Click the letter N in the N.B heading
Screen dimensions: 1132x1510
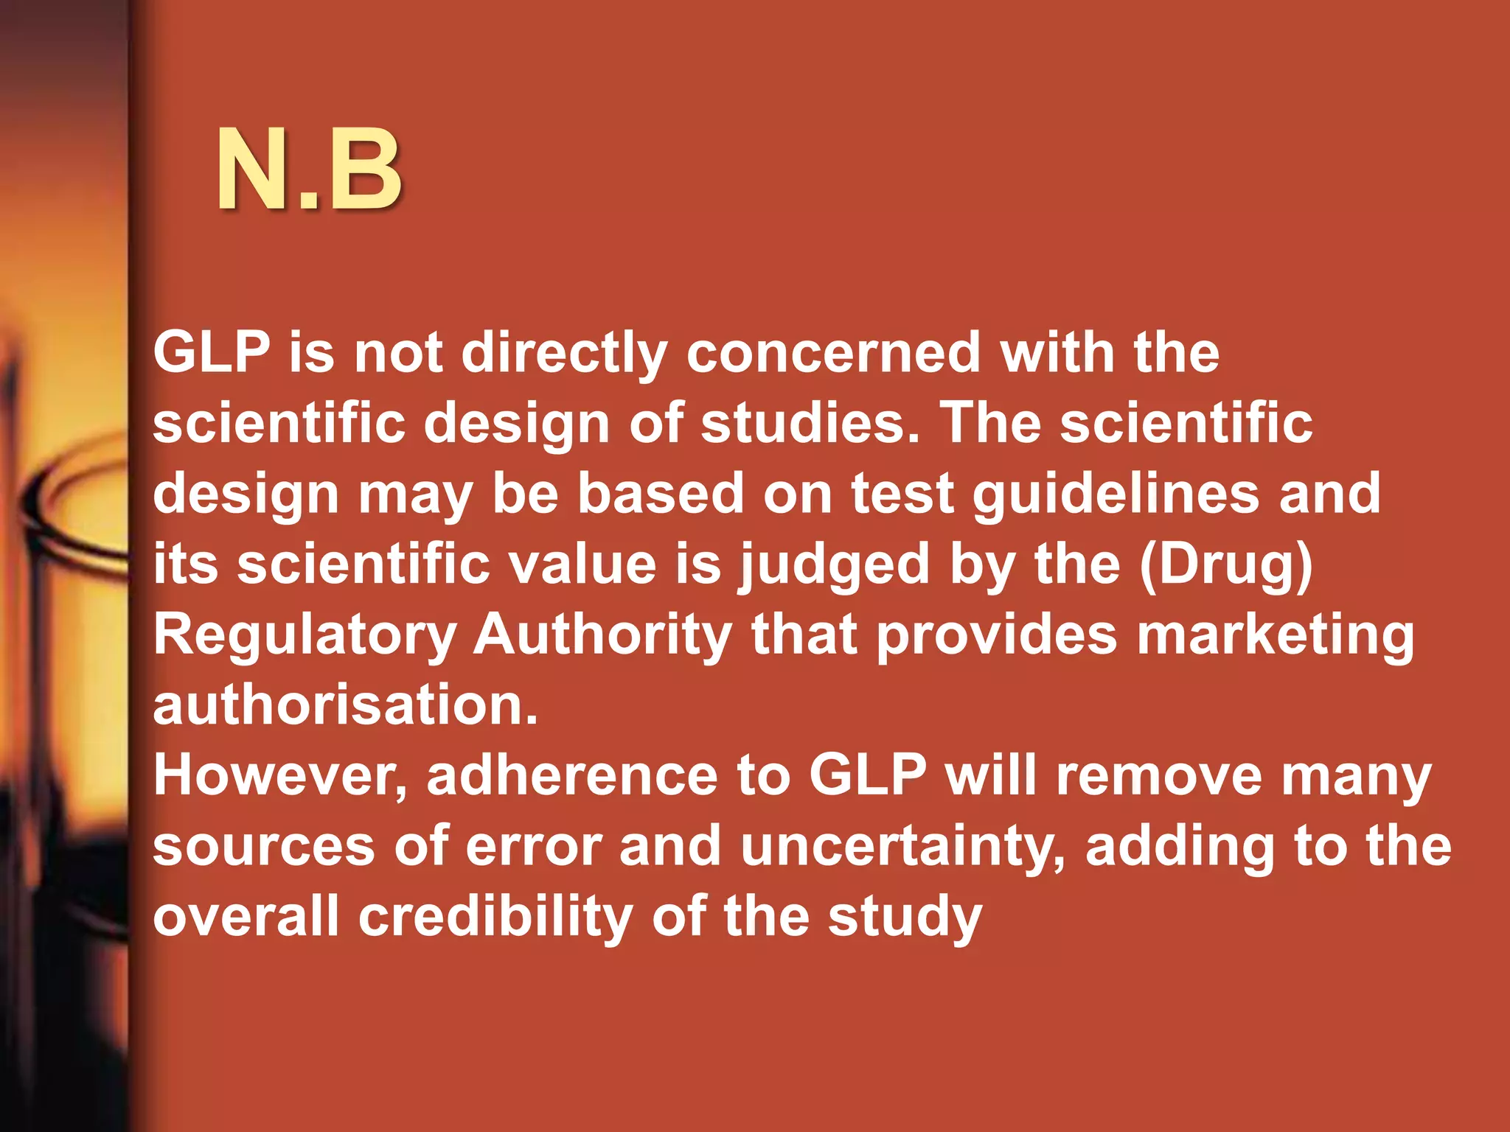click(258, 171)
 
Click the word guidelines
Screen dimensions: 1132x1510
click(1116, 494)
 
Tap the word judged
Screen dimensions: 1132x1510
click(835, 565)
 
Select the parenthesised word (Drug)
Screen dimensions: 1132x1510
click(1226, 565)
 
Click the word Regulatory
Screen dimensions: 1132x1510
click(305, 635)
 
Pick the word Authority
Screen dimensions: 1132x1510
click(602, 635)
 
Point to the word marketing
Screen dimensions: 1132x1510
click(1275, 635)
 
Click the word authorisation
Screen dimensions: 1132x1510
click(345, 705)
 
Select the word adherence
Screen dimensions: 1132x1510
click(572, 775)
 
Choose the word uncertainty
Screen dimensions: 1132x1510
click(903, 846)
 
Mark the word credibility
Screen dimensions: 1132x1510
click(495, 917)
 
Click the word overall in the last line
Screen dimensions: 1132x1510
click(246, 917)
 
